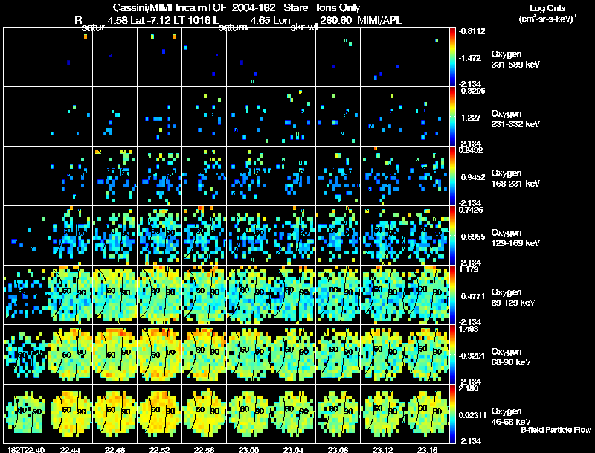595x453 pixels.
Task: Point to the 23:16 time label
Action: pyautogui.click(x=427, y=449)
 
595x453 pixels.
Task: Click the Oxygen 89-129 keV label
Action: pyautogui.click(x=513, y=297)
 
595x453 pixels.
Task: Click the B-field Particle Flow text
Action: pyautogui.click(x=556, y=430)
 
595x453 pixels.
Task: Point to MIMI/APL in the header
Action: pyautogui.click(x=381, y=20)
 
